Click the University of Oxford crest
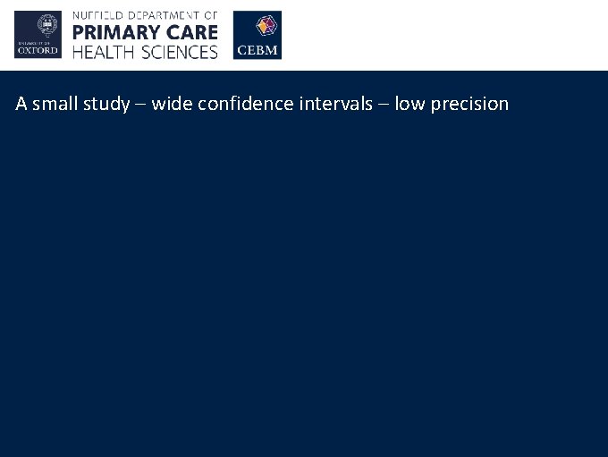[38, 27]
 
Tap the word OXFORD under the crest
[38, 51]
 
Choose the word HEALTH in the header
[103, 52]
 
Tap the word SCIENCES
[177, 52]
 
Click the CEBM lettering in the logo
[257, 52]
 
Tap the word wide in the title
[167, 104]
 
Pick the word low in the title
[410, 104]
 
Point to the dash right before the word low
[382, 105]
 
